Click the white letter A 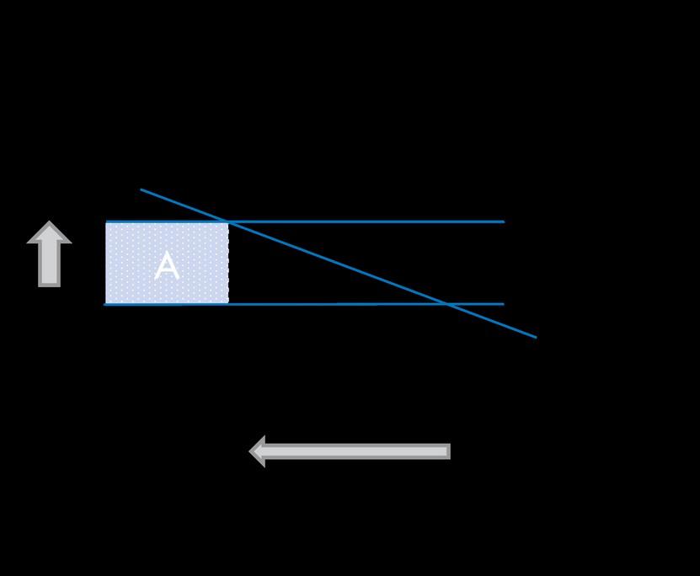click(167, 266)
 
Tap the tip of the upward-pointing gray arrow click(49, 223)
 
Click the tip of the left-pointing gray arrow click(252, 451)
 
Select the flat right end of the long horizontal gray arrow click(448, 451)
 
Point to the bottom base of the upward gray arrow click(49, 285)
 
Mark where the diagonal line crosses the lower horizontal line click(447, 304)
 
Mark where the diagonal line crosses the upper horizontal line click(228, 221)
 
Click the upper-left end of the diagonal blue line click(142, 189)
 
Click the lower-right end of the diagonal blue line click(536, 337)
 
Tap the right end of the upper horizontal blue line click(503, 221)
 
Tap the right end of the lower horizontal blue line click(503, 304)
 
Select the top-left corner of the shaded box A click(106, 223)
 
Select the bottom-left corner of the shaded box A click(106, 303)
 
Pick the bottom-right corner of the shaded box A click(227, 303)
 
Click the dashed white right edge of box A click(227, 263)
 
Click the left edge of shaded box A click(106, 263)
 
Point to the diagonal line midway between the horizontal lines click(338, 263)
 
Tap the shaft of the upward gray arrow click(49, 263)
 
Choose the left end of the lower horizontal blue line click(104, 304)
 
